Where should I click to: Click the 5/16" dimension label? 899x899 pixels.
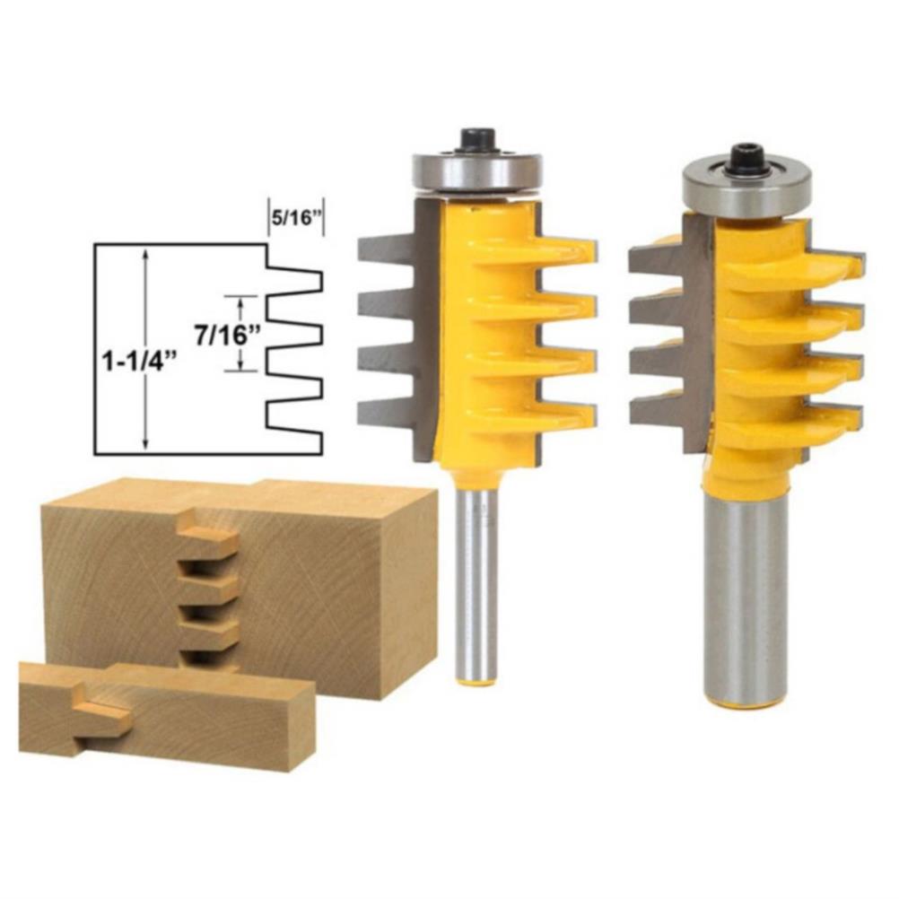click(x=296, y=219)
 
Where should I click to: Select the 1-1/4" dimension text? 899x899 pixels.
click(x=137, y=362)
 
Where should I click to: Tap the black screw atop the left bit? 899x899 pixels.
click(x=477, y=139)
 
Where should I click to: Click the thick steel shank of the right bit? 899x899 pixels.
click(x=746, y=598)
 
